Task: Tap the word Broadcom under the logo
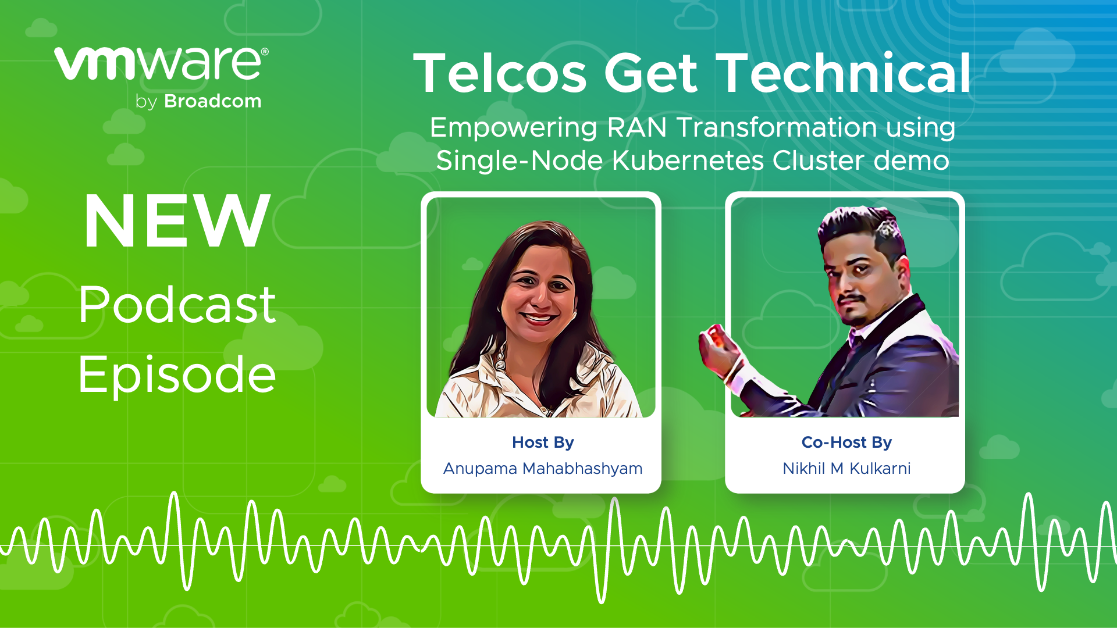tap(213, 101)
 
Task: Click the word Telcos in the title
tap(500, 74)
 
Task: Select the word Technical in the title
tap(844, 74)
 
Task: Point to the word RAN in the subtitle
tap(636, 127)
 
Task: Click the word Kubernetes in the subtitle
tap(688, 160)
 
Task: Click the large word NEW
tap(177, 222)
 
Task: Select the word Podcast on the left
tap(177, 305)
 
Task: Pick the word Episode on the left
tap(177, 376)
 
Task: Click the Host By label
tap(543, 443)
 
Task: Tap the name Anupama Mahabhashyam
tap(543, 469)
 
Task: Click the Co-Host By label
tap(846, 443)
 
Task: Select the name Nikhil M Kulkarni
tap(846, 469)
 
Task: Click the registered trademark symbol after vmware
tap(265, 52)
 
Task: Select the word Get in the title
tap(650, 74)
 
